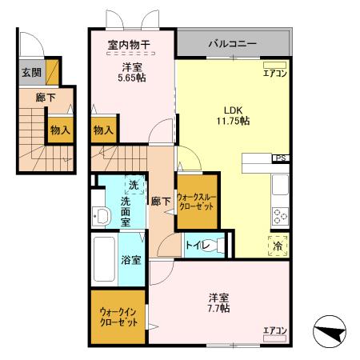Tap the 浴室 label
(130, 260)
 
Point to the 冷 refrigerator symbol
(279, 246)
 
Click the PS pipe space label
(281, 158)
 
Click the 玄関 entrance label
(31, 72)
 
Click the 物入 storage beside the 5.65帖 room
(103, 129)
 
